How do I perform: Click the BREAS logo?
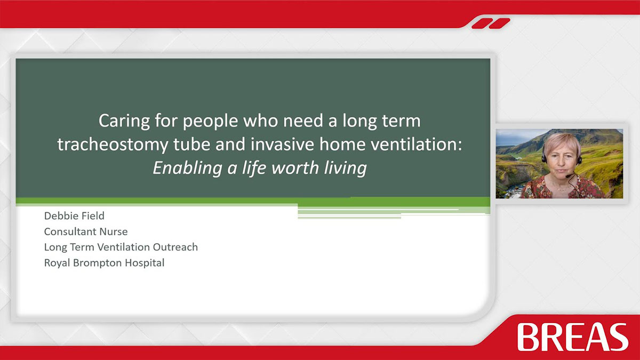point(573,337)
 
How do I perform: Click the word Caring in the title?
point(124,121)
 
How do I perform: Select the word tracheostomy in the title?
point(113,144)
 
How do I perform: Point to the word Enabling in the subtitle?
point(187,167)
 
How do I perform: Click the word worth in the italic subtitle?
point(295,167)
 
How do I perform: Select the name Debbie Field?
point(74,215)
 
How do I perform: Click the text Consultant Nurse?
point(86,231)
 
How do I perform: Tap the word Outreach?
point(175,247)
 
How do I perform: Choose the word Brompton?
point(98,263)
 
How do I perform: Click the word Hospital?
point(145,263)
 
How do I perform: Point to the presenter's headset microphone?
point(569,175)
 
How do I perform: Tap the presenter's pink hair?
point(562,143)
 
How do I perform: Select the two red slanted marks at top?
point(491,23)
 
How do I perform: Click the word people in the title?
point(210,122)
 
